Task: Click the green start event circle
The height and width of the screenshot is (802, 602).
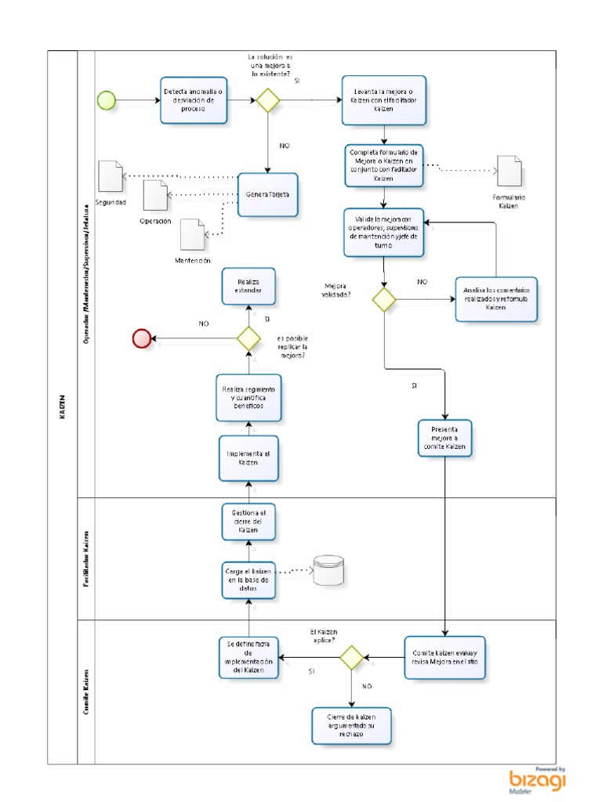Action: [106, 99]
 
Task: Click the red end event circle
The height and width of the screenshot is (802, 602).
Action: [142, 338]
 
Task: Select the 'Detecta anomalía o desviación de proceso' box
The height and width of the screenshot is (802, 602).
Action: [194, 99]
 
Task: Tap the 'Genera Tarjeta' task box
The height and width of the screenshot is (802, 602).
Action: [268, 194]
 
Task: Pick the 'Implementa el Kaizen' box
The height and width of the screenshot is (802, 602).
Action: [248, 458]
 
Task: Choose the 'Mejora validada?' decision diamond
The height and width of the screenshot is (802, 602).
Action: [384, 299]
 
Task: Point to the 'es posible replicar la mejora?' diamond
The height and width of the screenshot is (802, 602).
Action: [248, 338]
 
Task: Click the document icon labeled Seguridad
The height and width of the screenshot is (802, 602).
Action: [111, 175]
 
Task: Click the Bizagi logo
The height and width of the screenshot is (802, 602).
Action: [538, 779]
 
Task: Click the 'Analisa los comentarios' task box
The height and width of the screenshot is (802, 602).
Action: [496, 298]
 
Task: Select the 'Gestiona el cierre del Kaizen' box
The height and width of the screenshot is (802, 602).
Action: [248, 521]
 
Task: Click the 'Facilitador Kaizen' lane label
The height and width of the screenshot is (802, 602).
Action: [85, 558]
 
